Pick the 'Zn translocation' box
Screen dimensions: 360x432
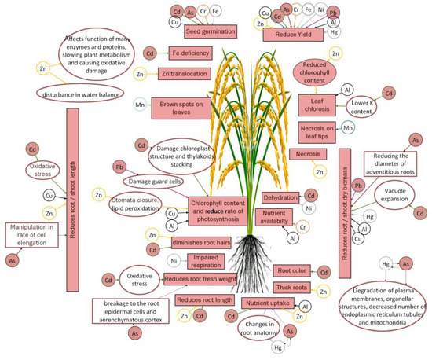pyautogui.click(x=186, y=74)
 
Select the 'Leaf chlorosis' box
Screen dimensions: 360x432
pyautogui.click(x=316, y=102)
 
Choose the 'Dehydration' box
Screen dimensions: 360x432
pyautogui.click(x=280, y=196)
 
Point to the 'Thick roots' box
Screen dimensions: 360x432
pyautogui.click(x=294, y=288)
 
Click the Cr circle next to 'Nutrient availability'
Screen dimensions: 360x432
pyautogui.click(x=302, y=226)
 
